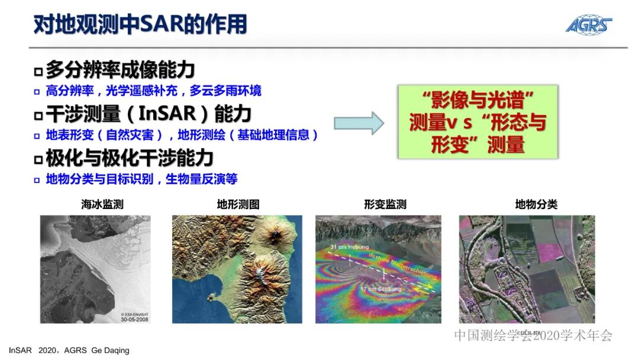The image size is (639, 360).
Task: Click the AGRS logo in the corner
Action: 588,24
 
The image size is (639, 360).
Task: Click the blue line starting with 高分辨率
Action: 153,91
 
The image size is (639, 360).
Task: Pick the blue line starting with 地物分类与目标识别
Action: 141,179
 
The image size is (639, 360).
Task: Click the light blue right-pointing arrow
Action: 359,123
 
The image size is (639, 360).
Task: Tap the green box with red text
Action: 477,122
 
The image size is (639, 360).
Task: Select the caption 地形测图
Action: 238,205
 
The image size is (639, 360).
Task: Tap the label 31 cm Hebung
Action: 349,247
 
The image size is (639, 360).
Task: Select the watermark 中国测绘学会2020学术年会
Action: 532,336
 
